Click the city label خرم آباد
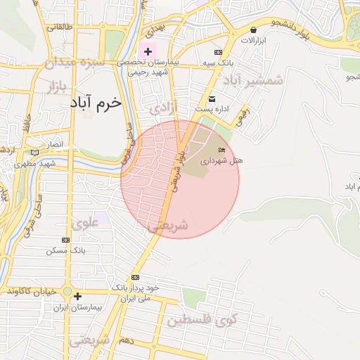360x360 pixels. pyautogui.click(x=96, y=103)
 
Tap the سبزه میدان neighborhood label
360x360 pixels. pyautogui.click(x=75, y=62)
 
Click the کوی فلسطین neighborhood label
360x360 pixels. pyautogui.click(x=202, y=321)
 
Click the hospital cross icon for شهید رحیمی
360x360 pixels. pyautogui.click(x=148, y=51)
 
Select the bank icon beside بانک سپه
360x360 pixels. pyautogui.click(x=218, y=53)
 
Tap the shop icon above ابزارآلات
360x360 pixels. pyautogui.click(x=253, y=30)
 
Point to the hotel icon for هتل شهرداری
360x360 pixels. pyautogui.click(x=222, y=150)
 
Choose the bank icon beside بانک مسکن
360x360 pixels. pyautogui.click(x=66, y=240)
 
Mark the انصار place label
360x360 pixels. pyautogui.click(x=54, y=144)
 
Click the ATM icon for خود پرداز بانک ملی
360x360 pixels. pyautogui.click(x=136, y=277)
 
